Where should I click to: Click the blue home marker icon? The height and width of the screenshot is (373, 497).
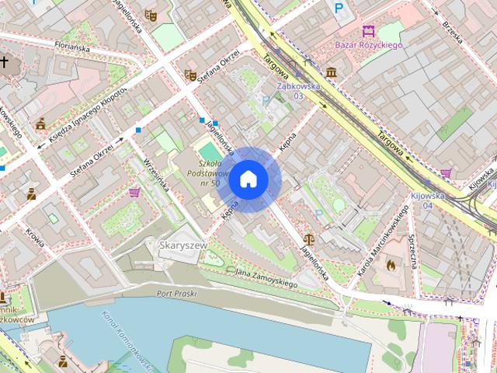tap(248, 180)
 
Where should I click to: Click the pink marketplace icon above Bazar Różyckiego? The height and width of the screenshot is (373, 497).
tap(368, 31)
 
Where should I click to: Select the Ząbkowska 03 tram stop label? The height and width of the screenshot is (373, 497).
tap(298, 91)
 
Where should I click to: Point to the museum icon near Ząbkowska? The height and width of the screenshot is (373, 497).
tap(332, 72)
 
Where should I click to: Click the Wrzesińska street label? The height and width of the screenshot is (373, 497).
tap(156, 176)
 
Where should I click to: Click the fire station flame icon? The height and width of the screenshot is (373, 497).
tap(390, 264)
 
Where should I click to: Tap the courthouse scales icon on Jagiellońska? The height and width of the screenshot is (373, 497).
tap(311, 241)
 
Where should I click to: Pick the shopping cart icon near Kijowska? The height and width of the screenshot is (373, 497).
tap(446, 173)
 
